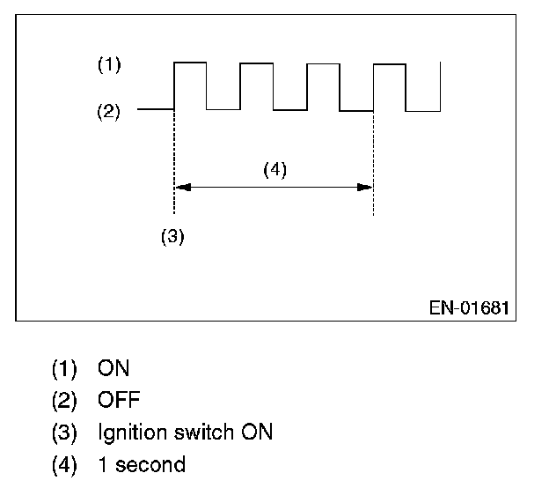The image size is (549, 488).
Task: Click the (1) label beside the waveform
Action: click(109, 64)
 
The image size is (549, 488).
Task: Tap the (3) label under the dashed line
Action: click(172, 236)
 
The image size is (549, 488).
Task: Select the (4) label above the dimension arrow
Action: click(274, 170)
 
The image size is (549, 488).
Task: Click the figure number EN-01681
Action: click(469, 308)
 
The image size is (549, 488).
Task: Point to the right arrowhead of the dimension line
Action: click(367, 187)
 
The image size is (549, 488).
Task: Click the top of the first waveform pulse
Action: click(190, 63)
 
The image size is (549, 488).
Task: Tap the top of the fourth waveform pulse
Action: click(389, 63)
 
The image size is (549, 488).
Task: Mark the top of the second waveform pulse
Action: click(256, 63)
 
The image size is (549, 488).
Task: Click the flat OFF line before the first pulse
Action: click(157, 111)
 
